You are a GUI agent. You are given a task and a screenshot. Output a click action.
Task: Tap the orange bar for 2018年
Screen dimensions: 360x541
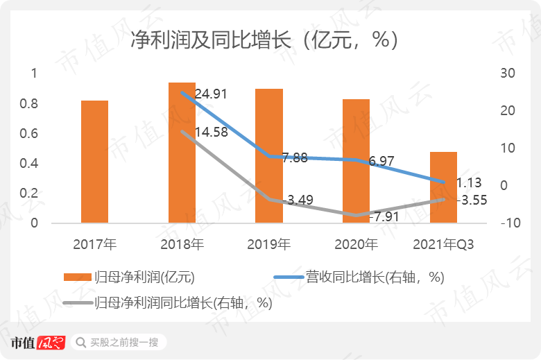click(182, 153)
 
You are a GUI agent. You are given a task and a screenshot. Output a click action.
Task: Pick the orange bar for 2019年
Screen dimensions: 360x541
click(269, 156)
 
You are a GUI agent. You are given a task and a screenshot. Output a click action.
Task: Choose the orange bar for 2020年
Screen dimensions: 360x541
click(356, 161)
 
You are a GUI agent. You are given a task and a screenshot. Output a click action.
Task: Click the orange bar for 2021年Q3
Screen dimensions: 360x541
click(443, 187)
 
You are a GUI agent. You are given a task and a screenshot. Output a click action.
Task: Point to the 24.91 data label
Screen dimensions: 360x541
click(211, 94)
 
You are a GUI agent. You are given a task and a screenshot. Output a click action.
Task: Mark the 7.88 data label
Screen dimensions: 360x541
click(295, 158)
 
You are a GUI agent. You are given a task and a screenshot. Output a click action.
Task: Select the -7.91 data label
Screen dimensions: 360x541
click(384, 217)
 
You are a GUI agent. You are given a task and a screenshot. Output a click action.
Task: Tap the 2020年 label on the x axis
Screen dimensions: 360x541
click(356, 244)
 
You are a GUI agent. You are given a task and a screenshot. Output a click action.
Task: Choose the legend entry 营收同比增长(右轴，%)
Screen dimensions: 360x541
click(375, 277)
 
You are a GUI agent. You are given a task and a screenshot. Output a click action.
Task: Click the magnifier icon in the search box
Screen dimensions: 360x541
click(81, 343)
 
